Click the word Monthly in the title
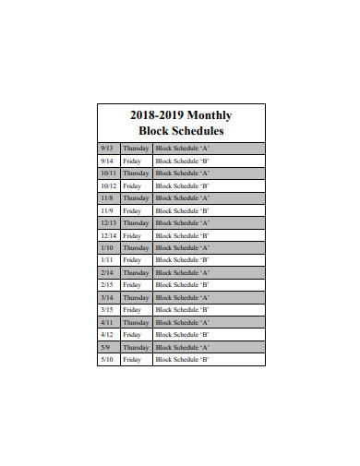210,115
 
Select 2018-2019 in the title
157,115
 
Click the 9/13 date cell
107,148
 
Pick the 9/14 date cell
107,161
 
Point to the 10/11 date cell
108,173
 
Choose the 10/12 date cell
108,185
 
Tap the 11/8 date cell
107,197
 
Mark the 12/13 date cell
108,222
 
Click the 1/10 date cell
107,247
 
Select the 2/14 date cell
107,272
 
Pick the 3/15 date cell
107,310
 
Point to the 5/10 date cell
107,360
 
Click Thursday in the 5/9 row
136,347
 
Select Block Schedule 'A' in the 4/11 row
183,322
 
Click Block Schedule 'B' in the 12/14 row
183,235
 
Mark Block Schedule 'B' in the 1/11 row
183,260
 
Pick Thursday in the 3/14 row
136,297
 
